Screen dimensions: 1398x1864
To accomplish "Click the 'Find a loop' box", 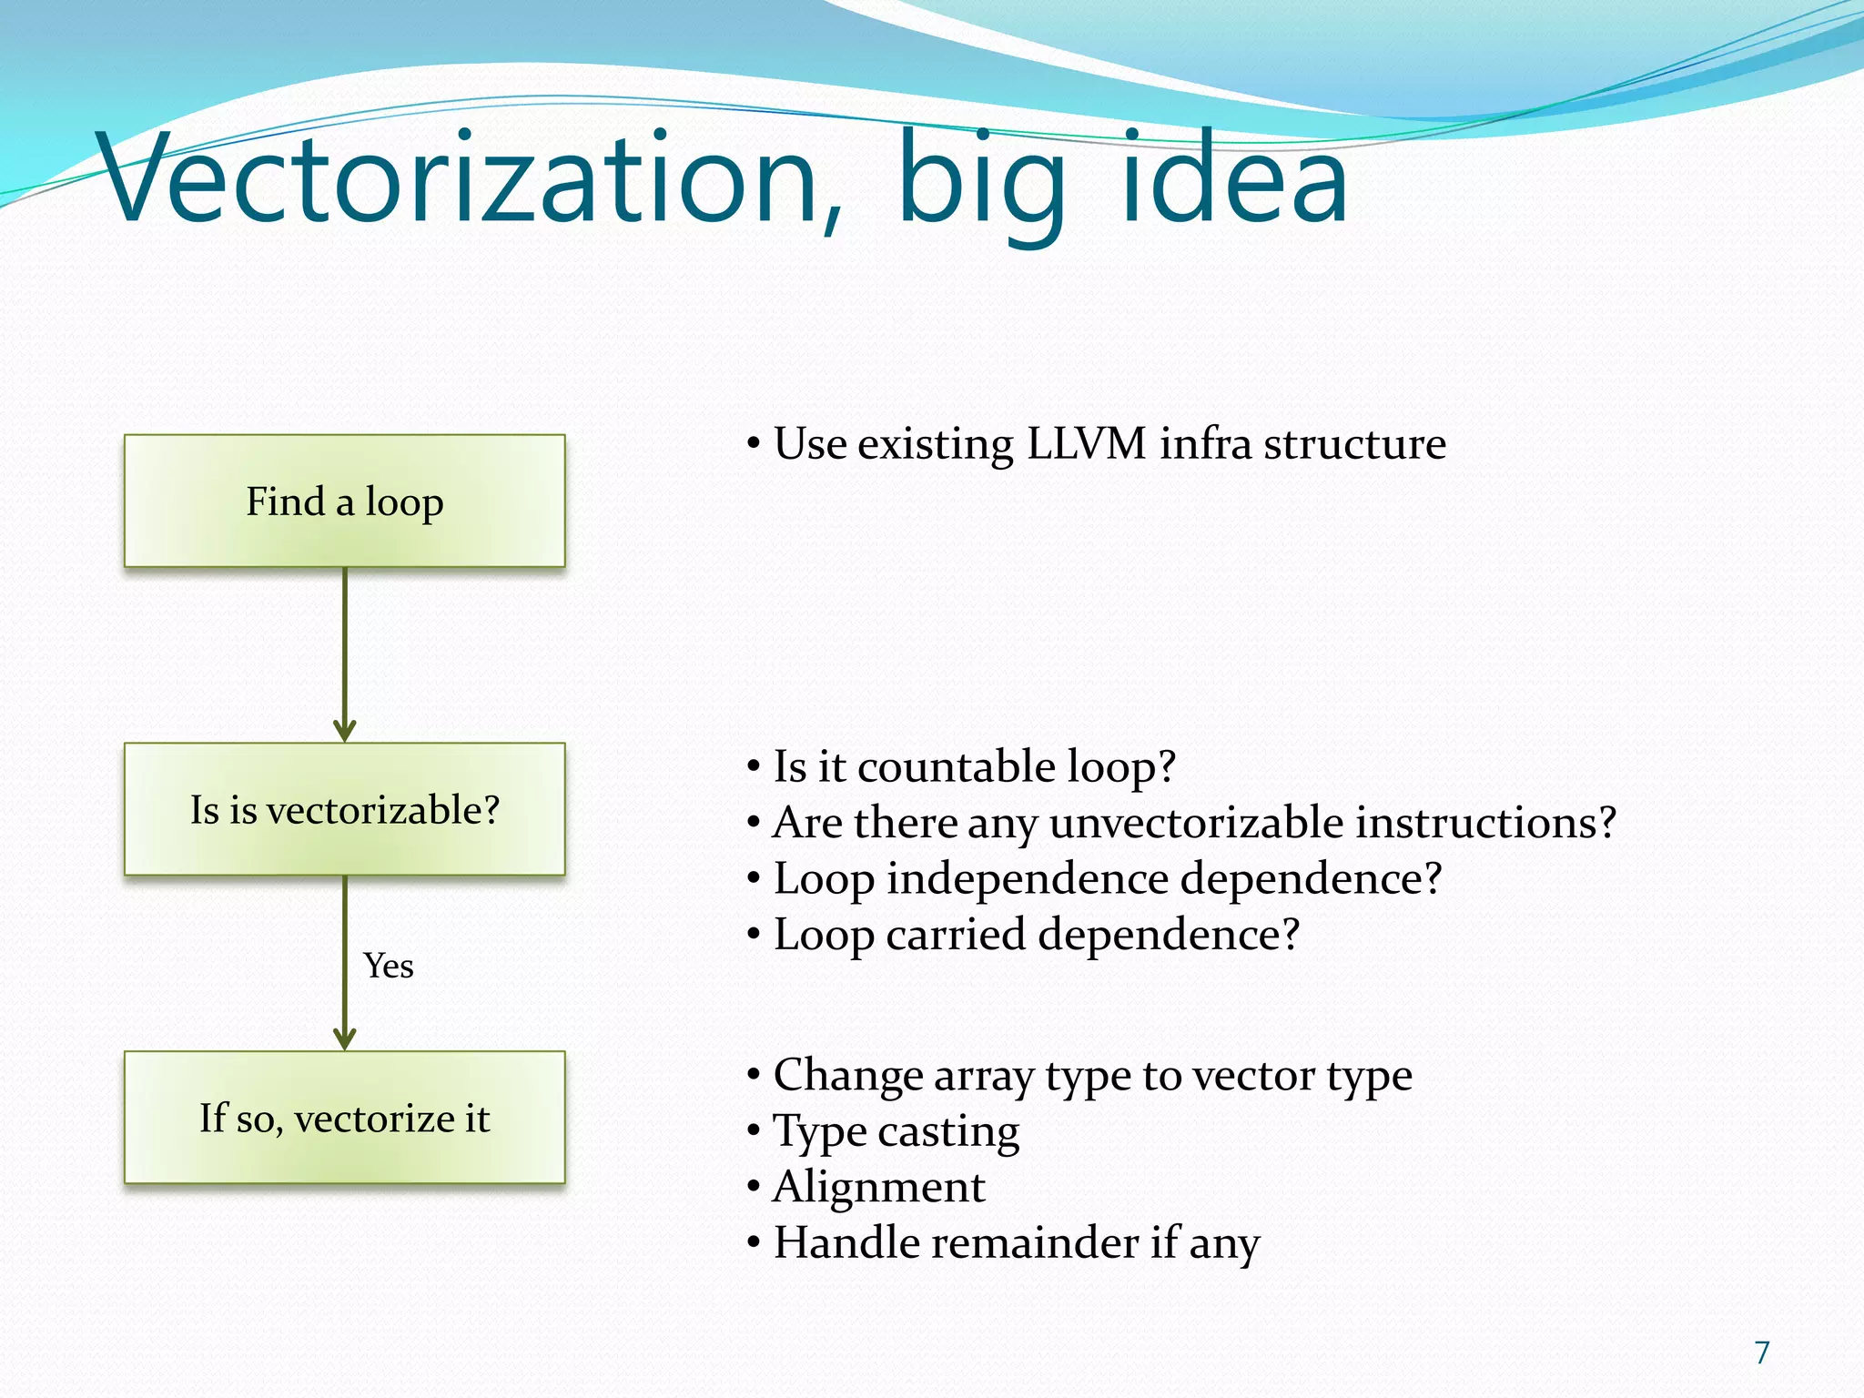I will point(344,501).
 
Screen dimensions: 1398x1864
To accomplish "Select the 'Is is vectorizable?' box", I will point(344,809).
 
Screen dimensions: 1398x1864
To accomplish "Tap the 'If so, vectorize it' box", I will point(344,1118).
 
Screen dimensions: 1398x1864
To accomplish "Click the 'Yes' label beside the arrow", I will point(389,966).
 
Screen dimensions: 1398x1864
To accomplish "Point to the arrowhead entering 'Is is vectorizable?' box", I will point(344,731).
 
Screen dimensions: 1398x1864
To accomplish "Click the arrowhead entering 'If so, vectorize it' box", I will point(344,1038).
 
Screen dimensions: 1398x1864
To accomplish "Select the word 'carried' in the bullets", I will point(956,935).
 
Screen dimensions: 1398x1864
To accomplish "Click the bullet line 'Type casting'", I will point(896,1131).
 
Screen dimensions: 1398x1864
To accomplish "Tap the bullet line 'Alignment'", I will point(878,1187).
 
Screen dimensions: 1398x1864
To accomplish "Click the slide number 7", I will point(1762,1352).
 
